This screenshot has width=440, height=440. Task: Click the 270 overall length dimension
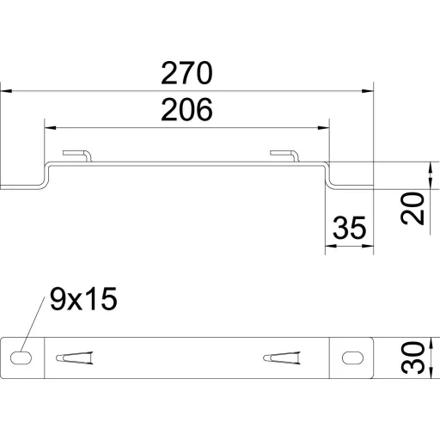186,73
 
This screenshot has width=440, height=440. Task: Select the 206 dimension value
186,109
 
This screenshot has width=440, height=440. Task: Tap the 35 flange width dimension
350,228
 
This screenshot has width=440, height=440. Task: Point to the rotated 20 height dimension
412,209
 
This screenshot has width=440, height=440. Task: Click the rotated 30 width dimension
412,357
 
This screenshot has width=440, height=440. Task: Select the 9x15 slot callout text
83,299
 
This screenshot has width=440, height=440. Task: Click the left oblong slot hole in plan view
21,357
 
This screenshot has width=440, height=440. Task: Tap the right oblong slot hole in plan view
352,357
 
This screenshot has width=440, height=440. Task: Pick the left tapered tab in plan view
75,357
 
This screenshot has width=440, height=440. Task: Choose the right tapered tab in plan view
282,357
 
